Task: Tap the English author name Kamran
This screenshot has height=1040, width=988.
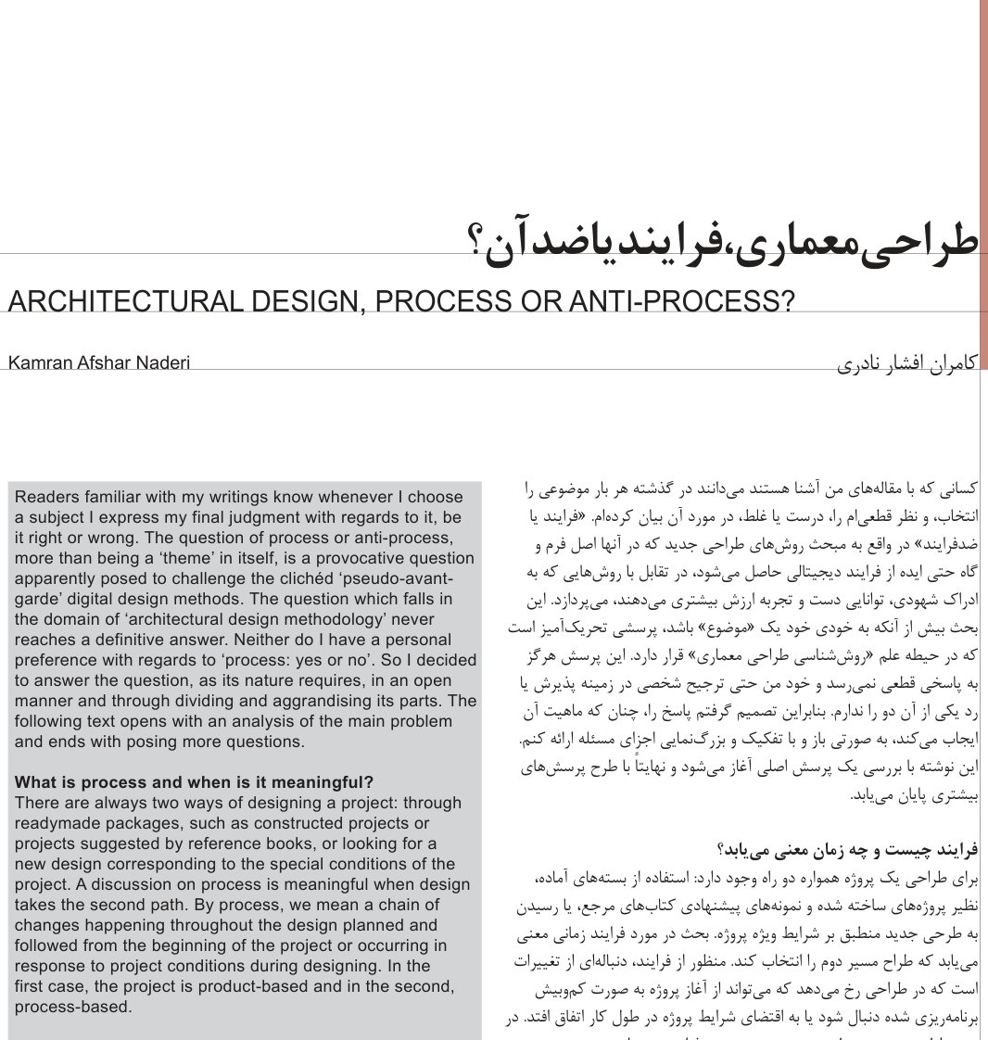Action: (x=38, y=362)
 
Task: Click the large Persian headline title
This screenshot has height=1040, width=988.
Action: (x=723, y=243)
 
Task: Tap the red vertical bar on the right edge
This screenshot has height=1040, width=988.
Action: (x=982, y=185)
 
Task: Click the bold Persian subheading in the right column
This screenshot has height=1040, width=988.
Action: (x=847, y=849)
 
